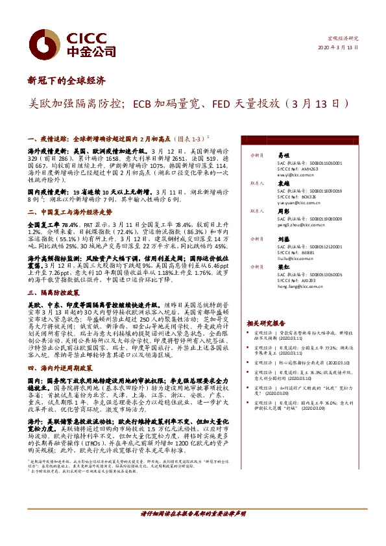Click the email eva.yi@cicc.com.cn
pyautogui.click(x=295, y=175)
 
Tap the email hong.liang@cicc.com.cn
pyautogui.click(x=299, y=286)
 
